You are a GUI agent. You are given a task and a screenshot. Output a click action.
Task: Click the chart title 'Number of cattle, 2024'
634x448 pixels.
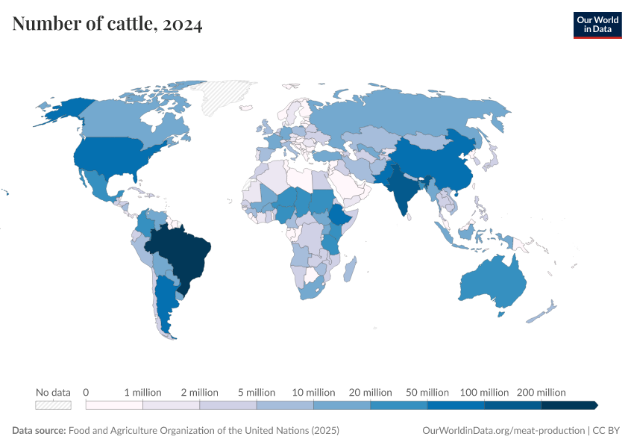107,25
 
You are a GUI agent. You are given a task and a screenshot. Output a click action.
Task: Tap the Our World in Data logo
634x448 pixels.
597,25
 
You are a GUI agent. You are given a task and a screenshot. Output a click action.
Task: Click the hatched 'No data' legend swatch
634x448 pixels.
53,405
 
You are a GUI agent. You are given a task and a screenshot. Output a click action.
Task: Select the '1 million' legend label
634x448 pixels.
142,392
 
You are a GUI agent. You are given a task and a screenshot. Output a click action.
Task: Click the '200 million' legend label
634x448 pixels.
541,392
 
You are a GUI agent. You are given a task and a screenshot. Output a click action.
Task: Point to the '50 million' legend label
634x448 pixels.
427,392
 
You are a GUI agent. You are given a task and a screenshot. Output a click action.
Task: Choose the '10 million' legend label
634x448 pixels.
313,392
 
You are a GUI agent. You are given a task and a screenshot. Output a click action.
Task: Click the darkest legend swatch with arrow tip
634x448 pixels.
569,405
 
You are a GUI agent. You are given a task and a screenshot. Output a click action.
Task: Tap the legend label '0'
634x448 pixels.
87,392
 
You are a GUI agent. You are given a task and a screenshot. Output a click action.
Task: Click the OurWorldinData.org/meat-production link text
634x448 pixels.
503,431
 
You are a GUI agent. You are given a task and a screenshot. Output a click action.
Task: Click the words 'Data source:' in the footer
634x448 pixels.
39,431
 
